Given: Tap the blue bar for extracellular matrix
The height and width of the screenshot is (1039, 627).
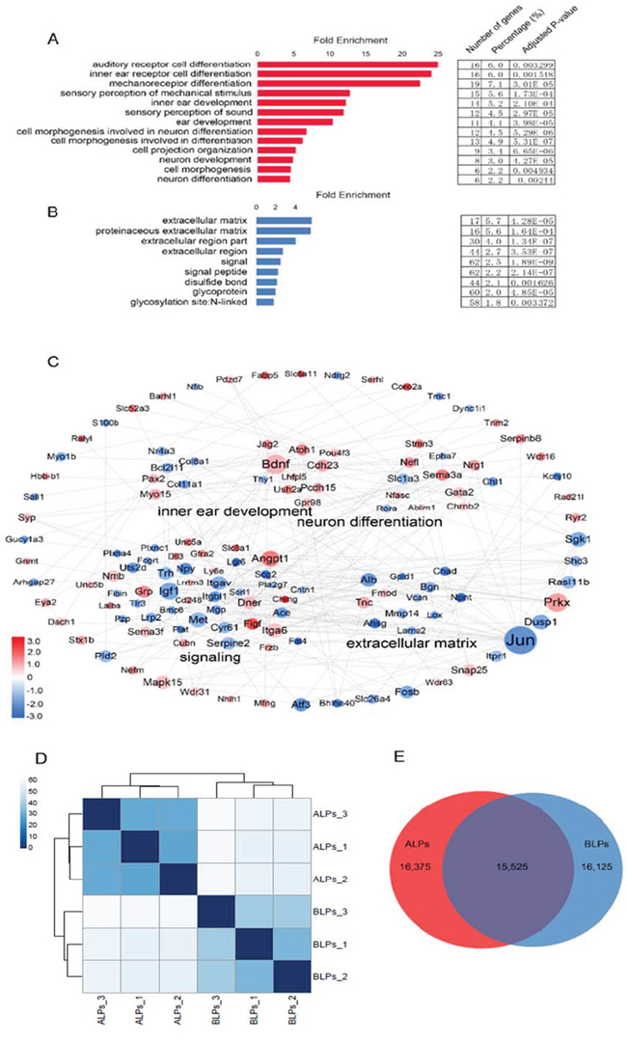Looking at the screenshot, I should (284, 221).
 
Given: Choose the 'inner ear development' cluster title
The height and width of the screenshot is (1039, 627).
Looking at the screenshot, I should (221, 511).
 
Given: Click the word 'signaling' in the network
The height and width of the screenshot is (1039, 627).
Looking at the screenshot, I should (210, 657).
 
